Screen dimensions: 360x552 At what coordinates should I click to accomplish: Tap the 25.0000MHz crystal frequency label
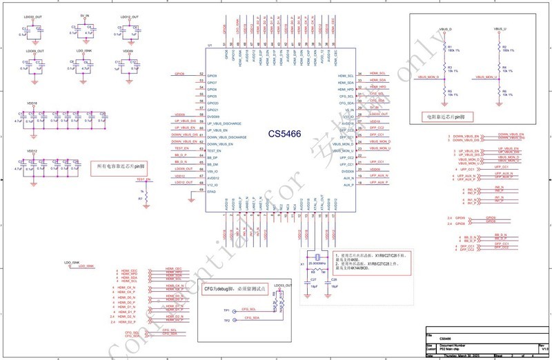317,263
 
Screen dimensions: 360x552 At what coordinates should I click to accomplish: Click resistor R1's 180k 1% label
453,49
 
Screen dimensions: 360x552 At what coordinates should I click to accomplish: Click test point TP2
226,319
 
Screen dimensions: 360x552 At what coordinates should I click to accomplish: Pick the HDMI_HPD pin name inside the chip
346,90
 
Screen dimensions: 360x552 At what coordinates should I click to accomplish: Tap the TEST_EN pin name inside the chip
215,150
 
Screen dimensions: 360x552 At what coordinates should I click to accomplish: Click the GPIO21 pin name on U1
213,110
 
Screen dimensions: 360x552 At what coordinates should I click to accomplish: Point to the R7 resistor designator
140,198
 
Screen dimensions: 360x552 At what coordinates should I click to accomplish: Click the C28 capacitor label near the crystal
334,279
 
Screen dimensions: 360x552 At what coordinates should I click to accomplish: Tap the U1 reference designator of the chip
210,47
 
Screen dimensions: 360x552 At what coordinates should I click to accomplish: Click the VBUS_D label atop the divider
446,30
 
